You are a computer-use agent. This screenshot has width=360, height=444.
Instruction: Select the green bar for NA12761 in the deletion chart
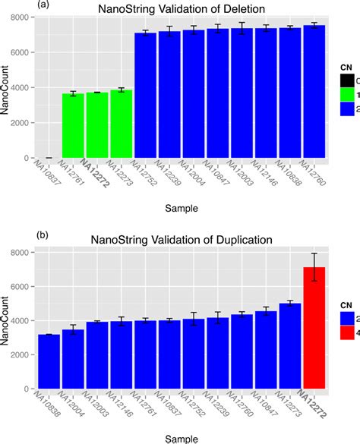74,126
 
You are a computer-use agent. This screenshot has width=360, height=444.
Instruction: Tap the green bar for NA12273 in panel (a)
122,124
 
